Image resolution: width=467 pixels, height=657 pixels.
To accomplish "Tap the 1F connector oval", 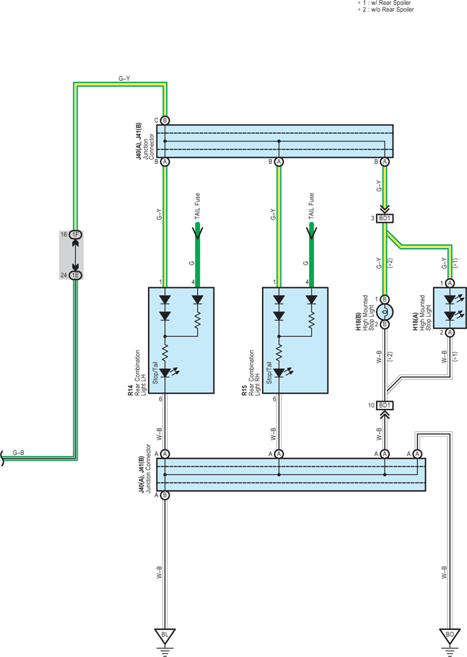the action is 75,235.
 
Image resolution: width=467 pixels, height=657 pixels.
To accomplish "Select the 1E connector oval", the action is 75,276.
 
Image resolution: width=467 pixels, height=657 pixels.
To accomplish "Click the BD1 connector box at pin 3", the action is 384,219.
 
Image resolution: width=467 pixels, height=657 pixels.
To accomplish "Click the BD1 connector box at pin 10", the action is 384,405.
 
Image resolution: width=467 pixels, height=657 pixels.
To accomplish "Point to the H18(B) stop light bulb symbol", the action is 385,312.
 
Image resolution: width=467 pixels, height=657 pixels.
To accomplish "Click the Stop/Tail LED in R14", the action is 165,373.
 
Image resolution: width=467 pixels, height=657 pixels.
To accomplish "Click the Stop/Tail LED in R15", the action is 279,373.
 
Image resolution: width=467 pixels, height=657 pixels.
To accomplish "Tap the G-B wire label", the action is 18,453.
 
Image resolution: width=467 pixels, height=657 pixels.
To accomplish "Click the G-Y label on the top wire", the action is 124,78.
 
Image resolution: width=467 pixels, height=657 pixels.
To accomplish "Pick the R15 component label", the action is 244,391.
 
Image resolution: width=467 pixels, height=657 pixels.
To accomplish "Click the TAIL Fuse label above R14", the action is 197,205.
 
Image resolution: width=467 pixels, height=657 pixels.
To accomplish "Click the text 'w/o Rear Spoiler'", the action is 392,9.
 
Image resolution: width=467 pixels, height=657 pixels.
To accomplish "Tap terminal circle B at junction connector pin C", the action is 165,121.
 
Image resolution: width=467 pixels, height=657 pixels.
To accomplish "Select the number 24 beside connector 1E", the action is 64,276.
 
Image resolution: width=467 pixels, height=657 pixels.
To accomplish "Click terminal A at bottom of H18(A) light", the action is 450,333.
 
